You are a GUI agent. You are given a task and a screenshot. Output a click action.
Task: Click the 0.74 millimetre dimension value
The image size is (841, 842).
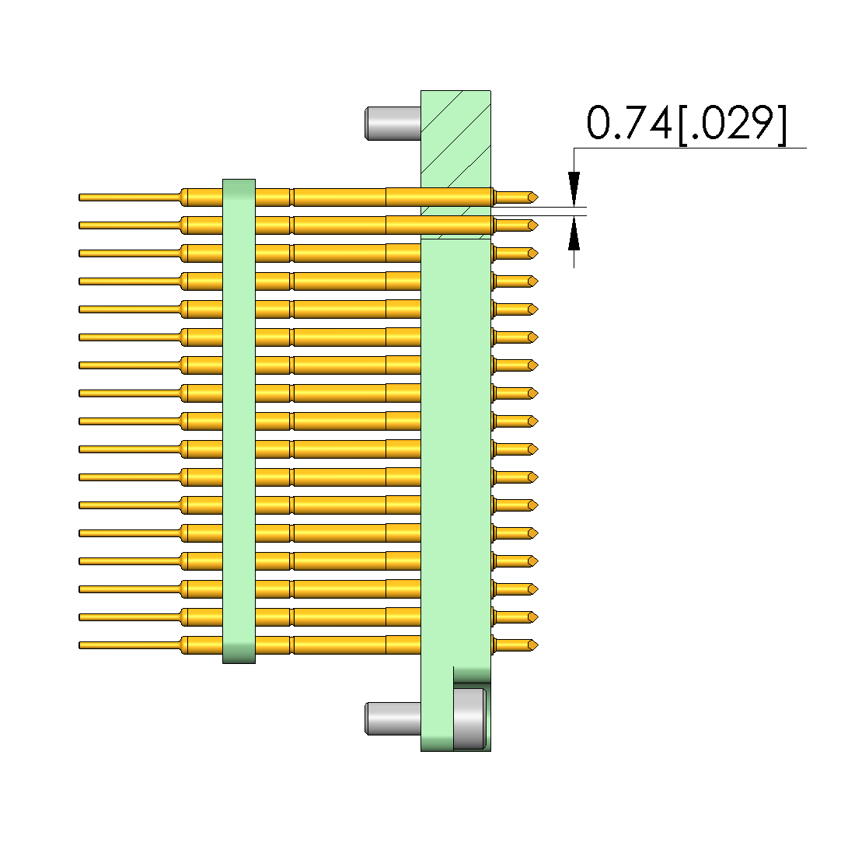point(629,123)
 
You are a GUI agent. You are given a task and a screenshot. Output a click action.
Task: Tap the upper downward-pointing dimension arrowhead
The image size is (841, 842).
point(574,188)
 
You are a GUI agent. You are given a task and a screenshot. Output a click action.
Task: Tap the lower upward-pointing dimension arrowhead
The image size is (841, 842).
point(574,233)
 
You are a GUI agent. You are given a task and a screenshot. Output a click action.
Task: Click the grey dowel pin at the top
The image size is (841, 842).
point(393,124)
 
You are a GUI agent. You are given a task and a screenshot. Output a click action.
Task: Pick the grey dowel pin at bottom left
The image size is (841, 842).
point(393,718)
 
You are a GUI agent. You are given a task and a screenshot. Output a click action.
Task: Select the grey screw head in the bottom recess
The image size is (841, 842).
point(470,718)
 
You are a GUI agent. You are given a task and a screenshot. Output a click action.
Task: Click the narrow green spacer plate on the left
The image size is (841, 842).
point(239,421)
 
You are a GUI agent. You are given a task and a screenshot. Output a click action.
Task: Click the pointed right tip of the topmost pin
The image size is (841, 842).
point(538,197)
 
